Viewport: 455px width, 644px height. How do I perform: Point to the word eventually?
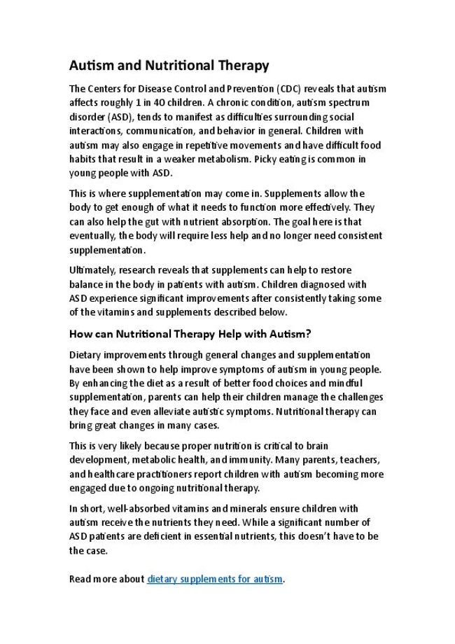(x=91, y=235)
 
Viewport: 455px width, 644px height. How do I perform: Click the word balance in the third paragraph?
(x=86, y=284)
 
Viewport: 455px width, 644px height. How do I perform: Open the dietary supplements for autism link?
(x=215, y=580)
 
